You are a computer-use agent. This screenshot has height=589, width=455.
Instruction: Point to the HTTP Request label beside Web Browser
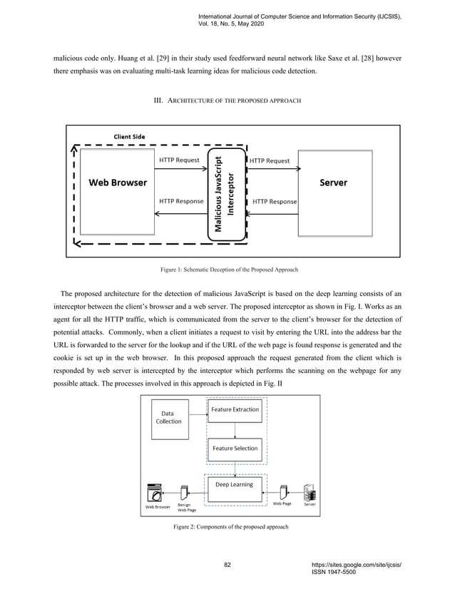tap(179, 160)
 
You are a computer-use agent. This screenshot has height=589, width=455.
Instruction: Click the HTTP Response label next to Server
tap(275, 201)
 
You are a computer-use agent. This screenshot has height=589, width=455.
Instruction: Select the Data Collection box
tap(168, 417)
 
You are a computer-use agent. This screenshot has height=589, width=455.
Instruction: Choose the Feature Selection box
tap(234, 449)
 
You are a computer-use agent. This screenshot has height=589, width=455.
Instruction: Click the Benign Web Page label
tap(188, 508)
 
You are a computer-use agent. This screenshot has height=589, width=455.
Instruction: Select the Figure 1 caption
tap(227, 270)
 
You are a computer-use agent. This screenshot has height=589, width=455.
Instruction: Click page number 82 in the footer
tap(227, 565)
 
